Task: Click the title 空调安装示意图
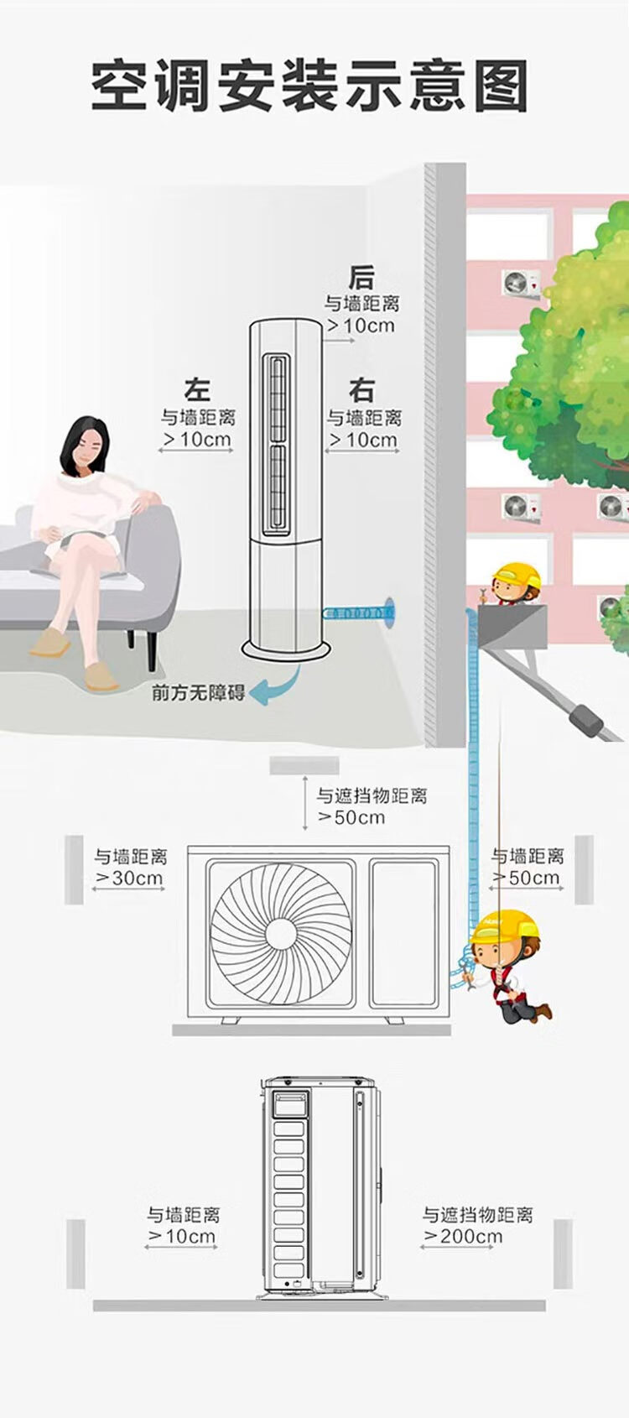coord(309,86)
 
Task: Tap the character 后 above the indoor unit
coord(361,277)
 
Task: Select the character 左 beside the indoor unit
coord(197,390)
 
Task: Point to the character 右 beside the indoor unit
coord(361,390)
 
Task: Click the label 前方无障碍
coord(199,692)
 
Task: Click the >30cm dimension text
coord(130,878)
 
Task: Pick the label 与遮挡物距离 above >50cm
coord(372,795)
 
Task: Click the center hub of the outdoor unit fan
coord(281,932)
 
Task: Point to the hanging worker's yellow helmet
coord(494,926)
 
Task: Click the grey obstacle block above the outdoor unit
coord(304,765)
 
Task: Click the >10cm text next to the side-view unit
coord(183,1236)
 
